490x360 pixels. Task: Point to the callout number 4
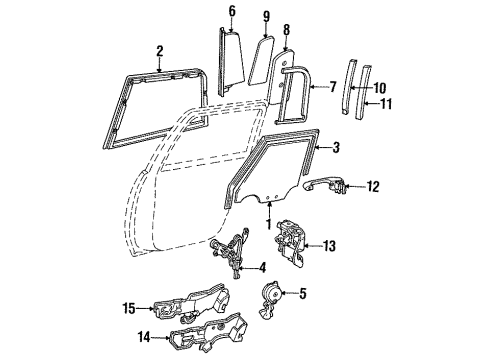click(x=262, y=267)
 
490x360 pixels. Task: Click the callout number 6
click(x=232, y=12)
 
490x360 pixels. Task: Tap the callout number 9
click(x=266, y=17)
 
